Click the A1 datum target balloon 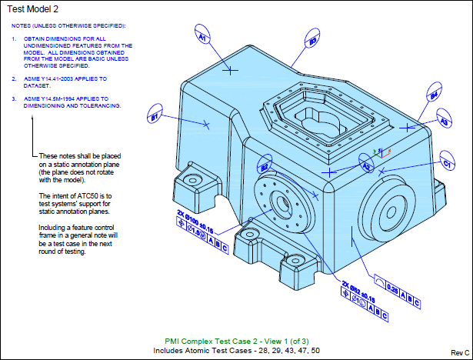click(x=203, y=36)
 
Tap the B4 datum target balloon click(x=433, y=95)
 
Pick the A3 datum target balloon click(x=444, y=121)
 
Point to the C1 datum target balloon click(x=446, y=163)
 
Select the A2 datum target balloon click(x=366, y=166)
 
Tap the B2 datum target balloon click(x=264, y=167)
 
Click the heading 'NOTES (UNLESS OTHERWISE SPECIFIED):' click(x=68, y=25)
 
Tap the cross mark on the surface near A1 click(x=232, y=70)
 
